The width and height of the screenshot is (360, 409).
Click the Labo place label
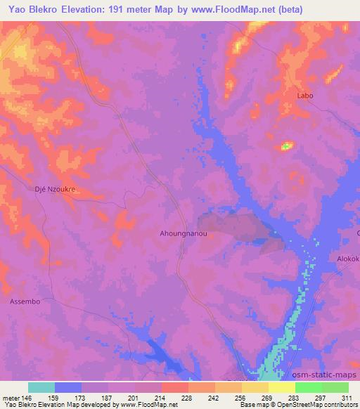point(305,96)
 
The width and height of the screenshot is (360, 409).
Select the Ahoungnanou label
point(184,231)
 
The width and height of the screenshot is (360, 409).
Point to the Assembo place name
point(25,300)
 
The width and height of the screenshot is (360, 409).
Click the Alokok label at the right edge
point(348,258)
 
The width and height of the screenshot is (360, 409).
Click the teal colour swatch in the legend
point(41,387)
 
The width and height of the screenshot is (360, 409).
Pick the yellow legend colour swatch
point(281,387)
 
